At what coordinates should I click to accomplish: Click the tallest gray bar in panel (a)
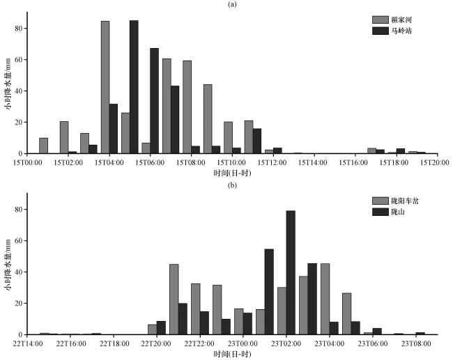[105, 87]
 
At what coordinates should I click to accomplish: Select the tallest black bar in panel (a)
[134, 87]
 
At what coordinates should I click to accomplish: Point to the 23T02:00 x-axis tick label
[286, 343]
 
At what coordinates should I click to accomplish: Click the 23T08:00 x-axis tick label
[414, 343]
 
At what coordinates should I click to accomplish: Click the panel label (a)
[231, 4]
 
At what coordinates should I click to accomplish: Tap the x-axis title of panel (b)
[231, 354]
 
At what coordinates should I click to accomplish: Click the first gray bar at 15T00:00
[44, 146]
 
